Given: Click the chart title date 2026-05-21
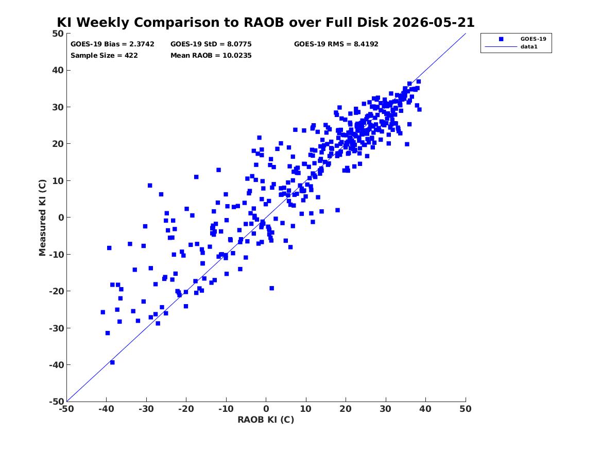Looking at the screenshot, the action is pos(434,22).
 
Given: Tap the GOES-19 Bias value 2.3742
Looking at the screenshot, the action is pos(141,44).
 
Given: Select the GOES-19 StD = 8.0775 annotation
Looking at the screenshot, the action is pos(211,44).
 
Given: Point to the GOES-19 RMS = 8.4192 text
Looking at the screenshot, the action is pos(336,44).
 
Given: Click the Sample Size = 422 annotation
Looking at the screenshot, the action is pos(104,55).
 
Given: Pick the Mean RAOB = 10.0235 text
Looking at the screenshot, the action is pos(211,55).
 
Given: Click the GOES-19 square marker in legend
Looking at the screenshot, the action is pos(501,39).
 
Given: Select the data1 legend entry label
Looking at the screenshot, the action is pos(529,47).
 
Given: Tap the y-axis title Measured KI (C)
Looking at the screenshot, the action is pos(42,218).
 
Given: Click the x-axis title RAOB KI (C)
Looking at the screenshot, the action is pos(266,420).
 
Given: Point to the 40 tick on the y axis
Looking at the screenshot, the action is pos(58,70).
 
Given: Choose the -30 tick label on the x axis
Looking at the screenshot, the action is pos(146,409).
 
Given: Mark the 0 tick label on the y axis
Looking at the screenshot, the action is pos(61,218).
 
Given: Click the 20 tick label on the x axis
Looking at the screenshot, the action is pos(346,409).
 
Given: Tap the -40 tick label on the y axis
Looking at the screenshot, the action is pos(56,365).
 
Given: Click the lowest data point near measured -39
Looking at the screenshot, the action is pos(112,362).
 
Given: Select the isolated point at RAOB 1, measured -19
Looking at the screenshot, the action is pos(272,289).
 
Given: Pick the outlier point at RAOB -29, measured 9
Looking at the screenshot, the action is pos(150,186).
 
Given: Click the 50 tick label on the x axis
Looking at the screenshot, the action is pos(466,409).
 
